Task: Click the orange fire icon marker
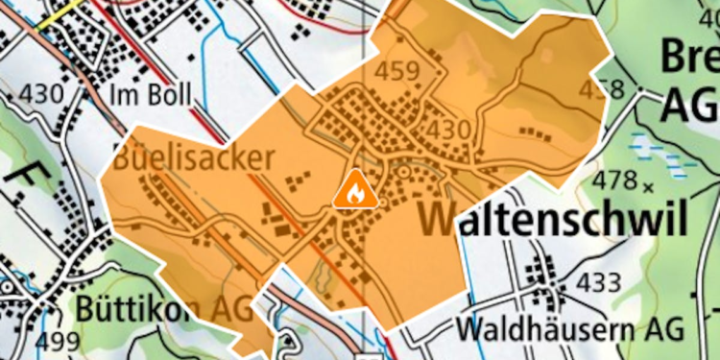click(354, 189)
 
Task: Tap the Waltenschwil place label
click(554, 219)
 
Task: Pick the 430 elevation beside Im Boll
click(40, 94)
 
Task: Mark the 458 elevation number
click(602, 89)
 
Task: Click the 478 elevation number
click(616, 179)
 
